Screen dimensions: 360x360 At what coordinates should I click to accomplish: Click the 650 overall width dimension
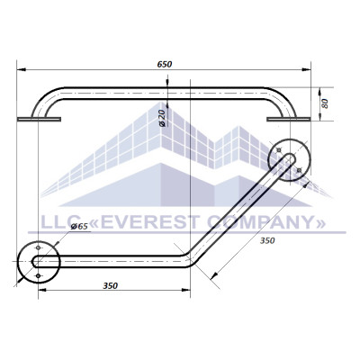pyautogui.click(x=165, y=64)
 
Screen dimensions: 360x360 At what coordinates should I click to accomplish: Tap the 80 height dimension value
pyautogui.click(x=325, y=103)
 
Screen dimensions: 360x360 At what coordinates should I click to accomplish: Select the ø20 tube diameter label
pyautogui.click(x=162, y=118)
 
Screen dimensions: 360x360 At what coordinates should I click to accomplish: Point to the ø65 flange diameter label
pyautogui.click(x=79, y=227)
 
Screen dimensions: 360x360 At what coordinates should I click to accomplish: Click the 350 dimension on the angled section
pyautogui.click(x=267, y=240)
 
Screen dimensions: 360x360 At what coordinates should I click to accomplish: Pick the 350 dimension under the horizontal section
pyautogui.click(x=110, y=286)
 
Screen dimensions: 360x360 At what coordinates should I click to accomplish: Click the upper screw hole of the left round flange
pyautogui.click(x=38, y=247)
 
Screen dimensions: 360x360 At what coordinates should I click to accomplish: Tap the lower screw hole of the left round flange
pyautogui.click(x=38, y=275)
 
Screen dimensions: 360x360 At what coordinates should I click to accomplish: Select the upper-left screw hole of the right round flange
pyautogui.click(x=279, y=149)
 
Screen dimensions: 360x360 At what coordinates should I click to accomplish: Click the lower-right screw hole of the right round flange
pyautogui.click(x=299, y=170)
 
